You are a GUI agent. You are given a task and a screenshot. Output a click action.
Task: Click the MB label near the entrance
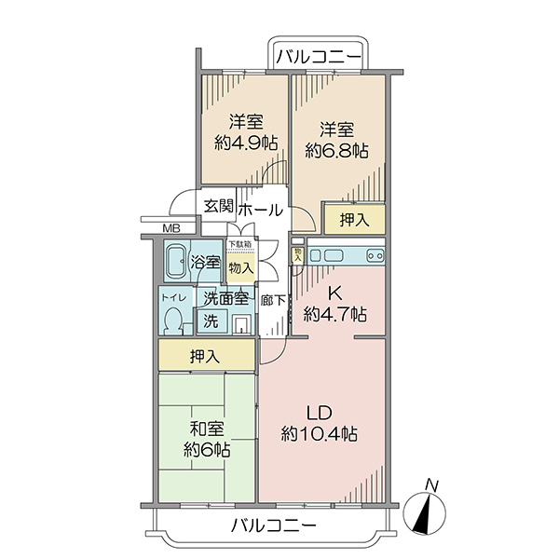coord(171,228)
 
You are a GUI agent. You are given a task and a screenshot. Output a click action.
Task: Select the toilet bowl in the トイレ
coord(173,320)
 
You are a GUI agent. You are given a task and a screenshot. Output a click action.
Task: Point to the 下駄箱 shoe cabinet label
coord(240,244)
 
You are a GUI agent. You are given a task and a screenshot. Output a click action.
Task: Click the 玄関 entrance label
coord(219,206)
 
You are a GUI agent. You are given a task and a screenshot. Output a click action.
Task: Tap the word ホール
coord(261,210)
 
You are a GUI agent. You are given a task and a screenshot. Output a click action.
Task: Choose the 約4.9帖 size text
coord(246,143)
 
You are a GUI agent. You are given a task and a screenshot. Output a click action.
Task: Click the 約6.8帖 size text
coord(336,151)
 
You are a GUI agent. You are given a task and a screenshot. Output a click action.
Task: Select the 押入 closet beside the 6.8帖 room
coord(354,220)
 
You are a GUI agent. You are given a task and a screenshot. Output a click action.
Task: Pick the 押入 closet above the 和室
coord(207,355)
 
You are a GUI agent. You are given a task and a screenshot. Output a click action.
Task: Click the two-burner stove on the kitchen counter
coord(375,255)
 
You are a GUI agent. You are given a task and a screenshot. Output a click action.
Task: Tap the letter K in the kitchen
coord(335,294)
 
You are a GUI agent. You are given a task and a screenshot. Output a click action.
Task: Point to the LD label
coord(320,414)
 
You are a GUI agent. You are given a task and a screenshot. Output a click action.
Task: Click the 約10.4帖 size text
coord(319,434)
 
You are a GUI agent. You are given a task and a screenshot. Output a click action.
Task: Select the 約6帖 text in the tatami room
coord(207,450)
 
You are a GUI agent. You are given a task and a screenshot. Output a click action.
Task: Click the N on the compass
coord(432,485)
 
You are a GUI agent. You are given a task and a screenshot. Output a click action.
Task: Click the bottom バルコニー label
coord(274,525)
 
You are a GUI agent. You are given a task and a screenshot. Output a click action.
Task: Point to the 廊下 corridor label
coord(273,301)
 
